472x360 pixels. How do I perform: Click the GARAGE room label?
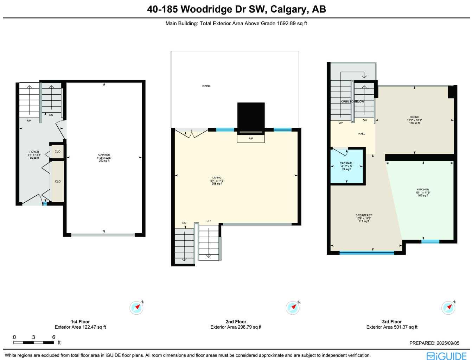104,155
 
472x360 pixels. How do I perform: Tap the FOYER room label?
34,152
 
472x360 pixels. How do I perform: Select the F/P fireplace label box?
251,139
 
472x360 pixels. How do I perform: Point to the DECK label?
206,86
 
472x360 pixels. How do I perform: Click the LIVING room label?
217,178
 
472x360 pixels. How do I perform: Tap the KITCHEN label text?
423,189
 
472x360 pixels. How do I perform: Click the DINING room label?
414,117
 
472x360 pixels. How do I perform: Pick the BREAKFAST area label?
364,215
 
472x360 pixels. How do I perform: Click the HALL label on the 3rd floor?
362,134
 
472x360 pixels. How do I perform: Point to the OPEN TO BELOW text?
352,102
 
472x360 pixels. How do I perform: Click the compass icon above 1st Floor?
136,308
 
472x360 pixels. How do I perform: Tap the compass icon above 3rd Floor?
448,308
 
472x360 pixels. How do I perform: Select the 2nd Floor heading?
236,322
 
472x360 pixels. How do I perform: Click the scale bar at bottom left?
34,342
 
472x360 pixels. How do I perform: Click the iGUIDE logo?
446,356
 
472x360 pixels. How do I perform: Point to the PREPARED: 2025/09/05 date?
434,343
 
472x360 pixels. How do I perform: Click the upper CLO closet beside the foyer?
57,152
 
